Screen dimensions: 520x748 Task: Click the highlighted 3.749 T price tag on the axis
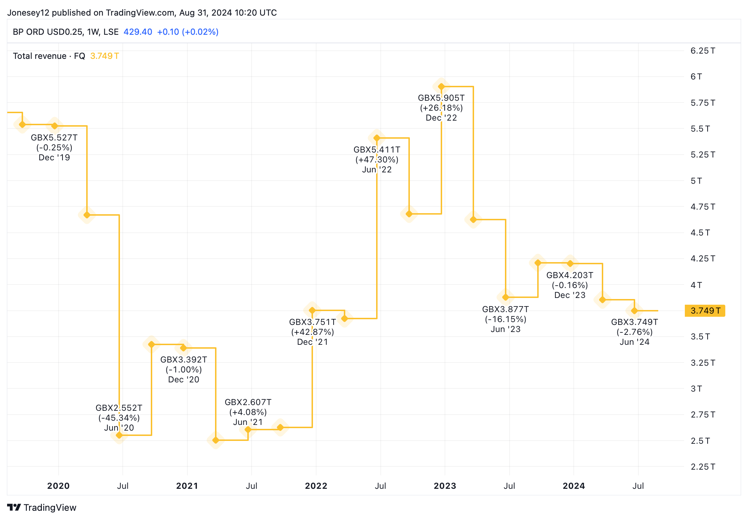705,311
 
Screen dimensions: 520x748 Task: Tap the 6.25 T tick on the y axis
703,51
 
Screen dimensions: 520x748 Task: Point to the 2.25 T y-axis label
703,467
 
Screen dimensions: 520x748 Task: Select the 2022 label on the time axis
316,486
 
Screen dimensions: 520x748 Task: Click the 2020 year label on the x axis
58,486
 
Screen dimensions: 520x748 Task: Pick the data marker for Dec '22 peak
441,87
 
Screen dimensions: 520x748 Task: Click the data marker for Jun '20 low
119,435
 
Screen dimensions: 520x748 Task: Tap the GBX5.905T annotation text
441,98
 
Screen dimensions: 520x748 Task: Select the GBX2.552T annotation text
119,408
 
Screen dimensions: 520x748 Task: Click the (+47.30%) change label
377,160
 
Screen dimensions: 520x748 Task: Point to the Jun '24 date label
634,342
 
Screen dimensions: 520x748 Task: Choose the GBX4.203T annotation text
570,275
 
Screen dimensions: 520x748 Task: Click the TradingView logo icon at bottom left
14,508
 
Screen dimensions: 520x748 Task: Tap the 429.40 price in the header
138,32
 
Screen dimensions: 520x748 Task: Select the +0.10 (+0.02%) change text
188,32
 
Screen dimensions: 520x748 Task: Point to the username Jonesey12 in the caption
28,13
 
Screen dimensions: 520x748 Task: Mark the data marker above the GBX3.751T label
312,310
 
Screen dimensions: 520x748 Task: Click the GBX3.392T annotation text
183,360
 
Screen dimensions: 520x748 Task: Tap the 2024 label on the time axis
573,486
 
